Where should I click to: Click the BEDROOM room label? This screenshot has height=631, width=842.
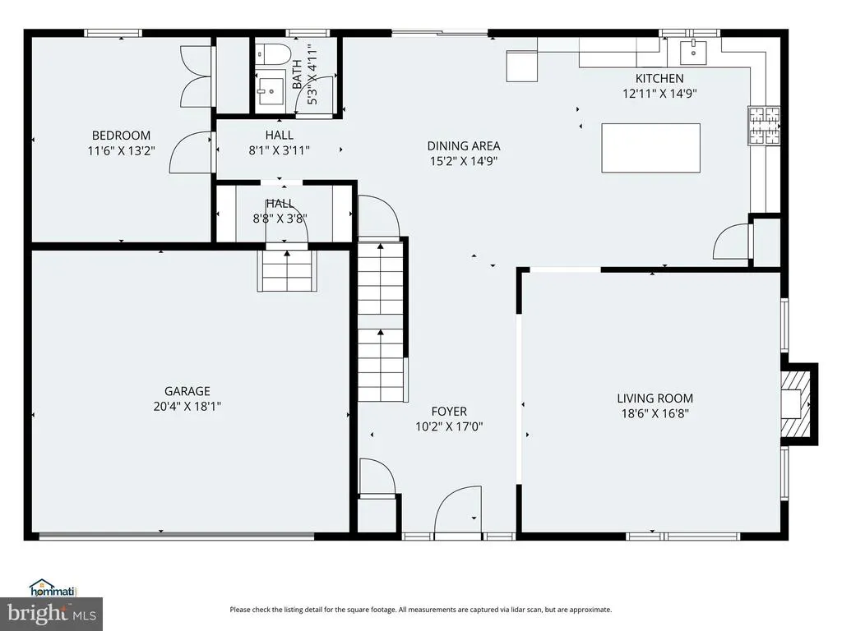tap(121, 136)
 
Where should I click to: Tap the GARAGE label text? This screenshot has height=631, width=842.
tap(187, 391)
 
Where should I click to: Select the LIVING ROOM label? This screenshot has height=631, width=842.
tap(655, 398)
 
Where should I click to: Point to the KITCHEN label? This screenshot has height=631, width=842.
tap(659, 78)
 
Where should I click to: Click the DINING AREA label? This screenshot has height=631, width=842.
tap(464, 146)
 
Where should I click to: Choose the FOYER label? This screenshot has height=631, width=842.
tap(449, 412)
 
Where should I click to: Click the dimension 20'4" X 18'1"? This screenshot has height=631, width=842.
tap(187, 406)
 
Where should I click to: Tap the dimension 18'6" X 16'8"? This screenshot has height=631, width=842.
tap(655, 413)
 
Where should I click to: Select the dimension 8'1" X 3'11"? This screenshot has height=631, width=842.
tap(280, 150)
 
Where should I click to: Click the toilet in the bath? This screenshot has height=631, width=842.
tap(273, 54)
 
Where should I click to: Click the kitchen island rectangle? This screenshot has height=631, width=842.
tap(651, 148)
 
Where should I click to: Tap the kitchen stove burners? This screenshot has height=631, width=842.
tap(764, 126)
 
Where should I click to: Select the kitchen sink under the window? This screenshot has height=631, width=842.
tap(694, 53)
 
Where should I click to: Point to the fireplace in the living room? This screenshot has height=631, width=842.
tap(798, 404)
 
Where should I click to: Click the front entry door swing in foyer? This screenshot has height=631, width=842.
tap(457, 510)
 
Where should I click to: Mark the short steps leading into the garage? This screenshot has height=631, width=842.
tap(287, 270)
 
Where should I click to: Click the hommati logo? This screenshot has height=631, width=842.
tap(53, 588)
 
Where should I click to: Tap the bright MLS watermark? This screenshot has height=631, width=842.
tap(52, 613)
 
